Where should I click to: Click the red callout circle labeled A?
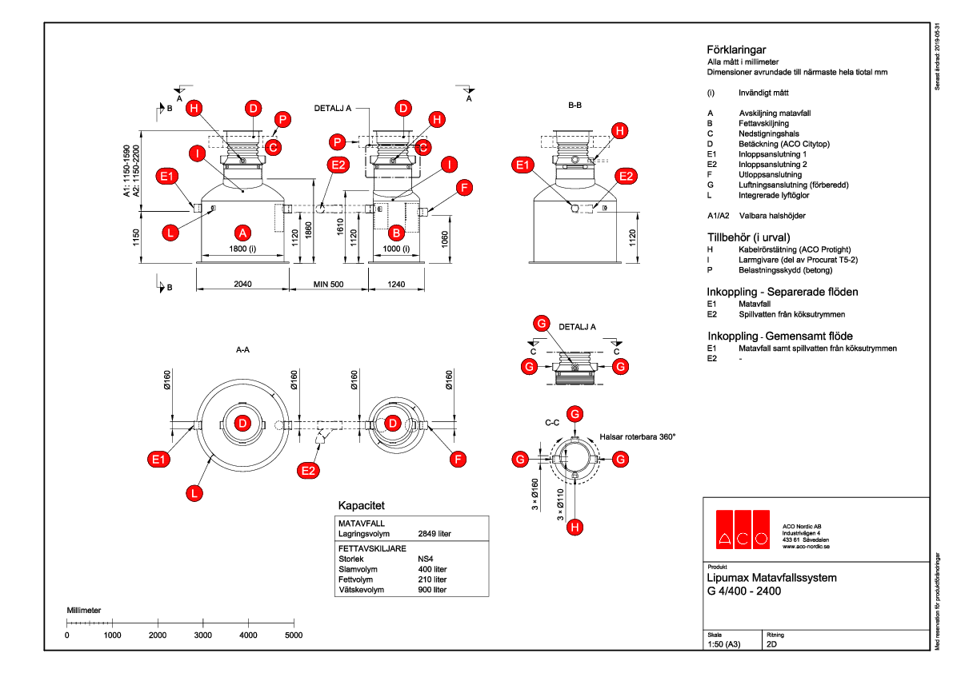pyautogui.click(x=242, y=233)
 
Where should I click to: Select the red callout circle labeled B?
pyautogui.click(x=394, y=233)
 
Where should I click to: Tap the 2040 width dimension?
pyautogui.click(x=243, y=284)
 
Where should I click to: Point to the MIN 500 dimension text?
pyautogui.click(x=328, y=284)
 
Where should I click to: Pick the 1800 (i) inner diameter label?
pyautogui.click(x=242, y=249)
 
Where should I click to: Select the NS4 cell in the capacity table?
pyautogui.click(x=426, y=560)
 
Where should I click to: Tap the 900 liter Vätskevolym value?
pyautogui.click(x=432, y=590)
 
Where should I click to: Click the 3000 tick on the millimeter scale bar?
pyautogui.click(x=203, y=635)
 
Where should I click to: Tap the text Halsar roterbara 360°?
pyautogui.click(x=638, y=437)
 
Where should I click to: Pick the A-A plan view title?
pyautogui.click(x=243, y=349)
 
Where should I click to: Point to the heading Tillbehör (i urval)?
pyautogui.click(x=748, y=237)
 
